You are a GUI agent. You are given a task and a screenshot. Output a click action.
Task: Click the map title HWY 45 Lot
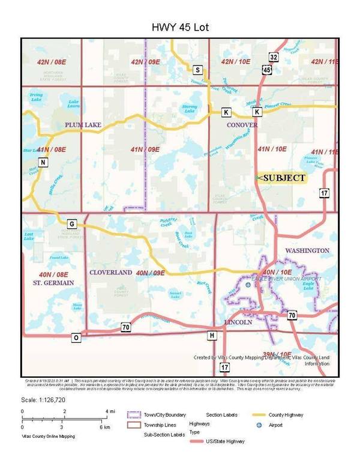point(179,28)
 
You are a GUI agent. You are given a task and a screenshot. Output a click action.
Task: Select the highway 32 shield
point(274,57)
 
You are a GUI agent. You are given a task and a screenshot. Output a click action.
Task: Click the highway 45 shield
point(267,70)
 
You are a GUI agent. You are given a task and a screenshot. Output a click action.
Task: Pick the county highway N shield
point(43,162)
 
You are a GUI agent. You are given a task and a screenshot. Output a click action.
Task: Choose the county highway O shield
point(76,337)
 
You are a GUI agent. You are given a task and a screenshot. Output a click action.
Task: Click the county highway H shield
point(211,334)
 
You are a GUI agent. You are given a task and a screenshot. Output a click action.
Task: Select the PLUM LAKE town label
point(83,125)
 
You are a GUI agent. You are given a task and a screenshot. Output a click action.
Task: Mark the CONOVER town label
point(242,125)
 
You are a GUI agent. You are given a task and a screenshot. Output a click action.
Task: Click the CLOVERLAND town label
point(111,272)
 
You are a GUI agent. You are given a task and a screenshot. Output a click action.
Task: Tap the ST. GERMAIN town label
point(53,282)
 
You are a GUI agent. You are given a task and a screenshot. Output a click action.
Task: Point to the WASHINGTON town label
point(307,250)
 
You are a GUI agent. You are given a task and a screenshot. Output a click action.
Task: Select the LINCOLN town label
point(242,322)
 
